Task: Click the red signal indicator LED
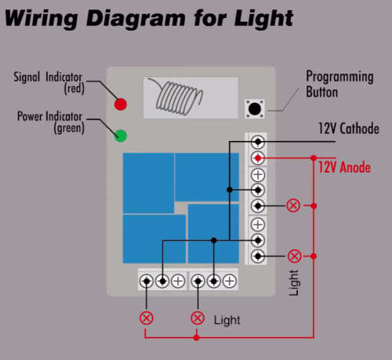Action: click(x=121, y=104)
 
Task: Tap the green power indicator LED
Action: click(x=121, y=136)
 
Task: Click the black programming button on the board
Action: click(x=255, y=109)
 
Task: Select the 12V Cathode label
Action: click(x=349, y=129)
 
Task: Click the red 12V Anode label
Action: click(x=344, y=167)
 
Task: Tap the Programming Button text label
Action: click(x=339, y=84)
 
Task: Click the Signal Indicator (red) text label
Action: click(x=49, y=82)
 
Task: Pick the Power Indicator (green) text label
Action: click(x=50, y=122)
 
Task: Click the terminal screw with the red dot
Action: click(x=258, y=158)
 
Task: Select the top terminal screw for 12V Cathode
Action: click(x=258, y=142)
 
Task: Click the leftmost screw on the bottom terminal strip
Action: click(x=147, y=282)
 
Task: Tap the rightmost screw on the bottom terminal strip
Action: click(x=230, y=282)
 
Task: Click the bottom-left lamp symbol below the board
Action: click(x=146, y=318)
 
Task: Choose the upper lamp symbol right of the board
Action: click(x=293, y=205)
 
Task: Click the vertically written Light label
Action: click(x=293, y=283)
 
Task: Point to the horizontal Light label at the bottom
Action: click(x=227, y=320)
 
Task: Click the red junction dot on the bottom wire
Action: click(x=197, y=338)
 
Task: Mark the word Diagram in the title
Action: click(x=136, y=19)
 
